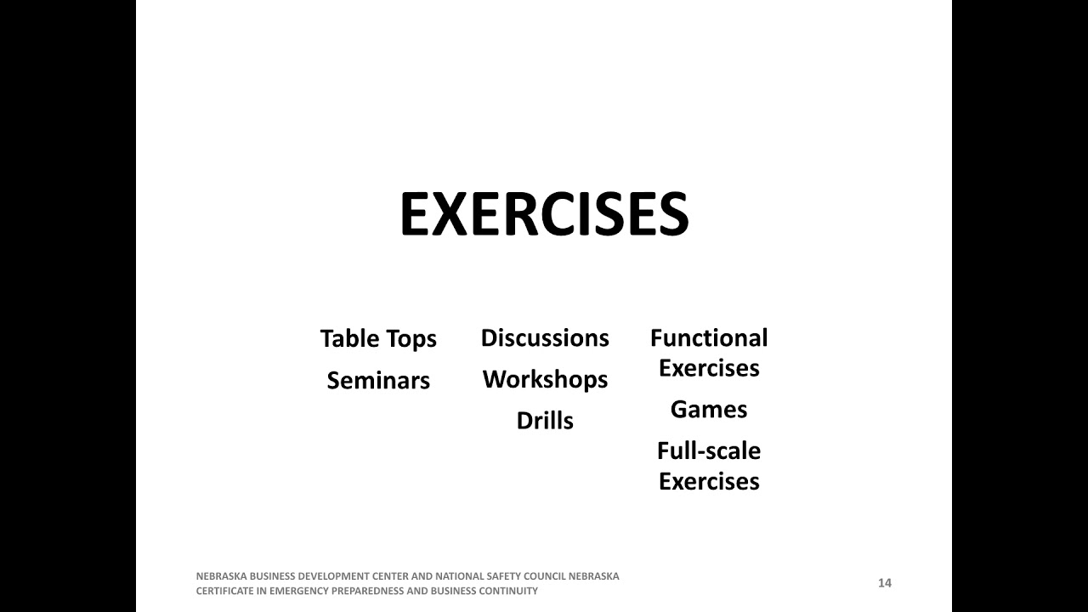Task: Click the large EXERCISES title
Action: (x=544, y=214)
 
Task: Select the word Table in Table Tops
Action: (x=348, y=338)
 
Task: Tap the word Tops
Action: (x=411, y=339)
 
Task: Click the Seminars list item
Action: (x=378, y=381)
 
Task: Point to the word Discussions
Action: (x=545, y=338)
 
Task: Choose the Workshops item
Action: (x=545, y=379)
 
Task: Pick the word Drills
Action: (x=545, y=421)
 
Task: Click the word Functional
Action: (x=709, y=338)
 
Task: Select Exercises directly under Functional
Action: (x=709, y=368)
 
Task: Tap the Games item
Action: (x=709, y=410)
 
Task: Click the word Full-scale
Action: (x=709, y=450)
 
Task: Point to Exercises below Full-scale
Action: (x=709, y=481)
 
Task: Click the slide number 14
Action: (x=885, y=583)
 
